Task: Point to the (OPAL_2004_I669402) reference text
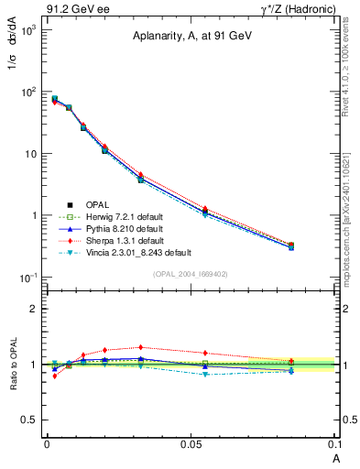pyautogui.click(x=190, y=273)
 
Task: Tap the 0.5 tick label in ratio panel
pyautogui.click(x=31, y=420)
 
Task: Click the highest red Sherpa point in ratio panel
pyautogui.click(x=140, y=347)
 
